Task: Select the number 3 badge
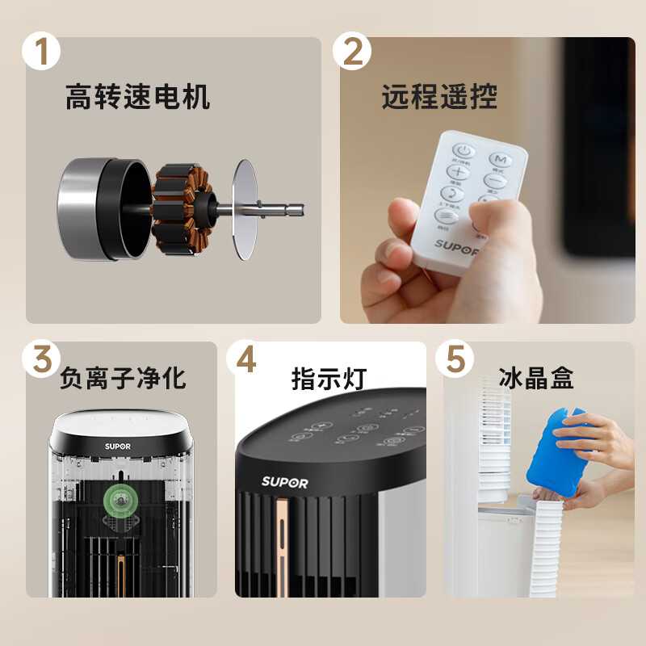pos(41,359)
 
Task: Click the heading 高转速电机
pos(137,98)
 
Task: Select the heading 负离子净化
pos(123,377)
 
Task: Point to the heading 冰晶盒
pos(535,377)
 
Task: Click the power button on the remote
pos(464,151)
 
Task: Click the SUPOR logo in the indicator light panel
pos(284,482)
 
